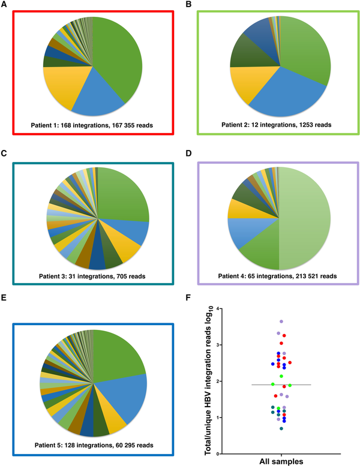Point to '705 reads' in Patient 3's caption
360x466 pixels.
coord(135,275)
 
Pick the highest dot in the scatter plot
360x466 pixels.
coord(281,322)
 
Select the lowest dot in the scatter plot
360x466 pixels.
coord(281,428)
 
